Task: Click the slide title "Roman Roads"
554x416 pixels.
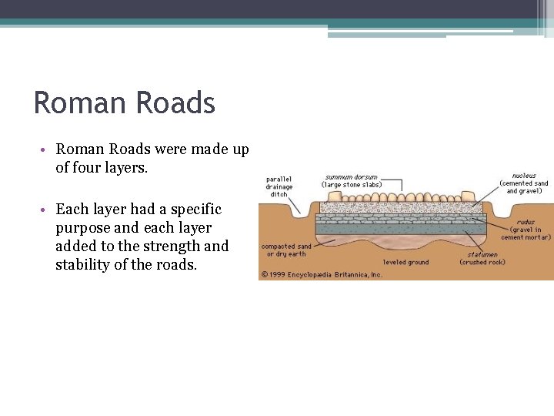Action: (125, 103)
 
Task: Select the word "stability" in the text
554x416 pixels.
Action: (85, 266)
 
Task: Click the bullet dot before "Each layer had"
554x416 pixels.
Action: (47, 210)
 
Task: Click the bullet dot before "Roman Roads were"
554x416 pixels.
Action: (47, 149)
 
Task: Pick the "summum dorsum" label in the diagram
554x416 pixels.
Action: (351, 176)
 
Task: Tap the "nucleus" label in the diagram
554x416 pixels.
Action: (524, 175)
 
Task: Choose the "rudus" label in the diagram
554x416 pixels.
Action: (526, 222)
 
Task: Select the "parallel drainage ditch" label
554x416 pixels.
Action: (279, 186)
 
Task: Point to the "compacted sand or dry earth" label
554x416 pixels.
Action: (286, 250)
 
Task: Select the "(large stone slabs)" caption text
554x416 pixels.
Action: (352, 185)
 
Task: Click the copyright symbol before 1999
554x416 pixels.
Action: (264, 273)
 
